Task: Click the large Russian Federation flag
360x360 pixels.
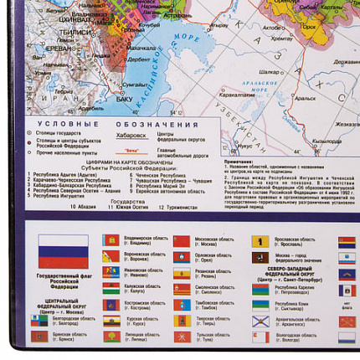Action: (x=63, y=249)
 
